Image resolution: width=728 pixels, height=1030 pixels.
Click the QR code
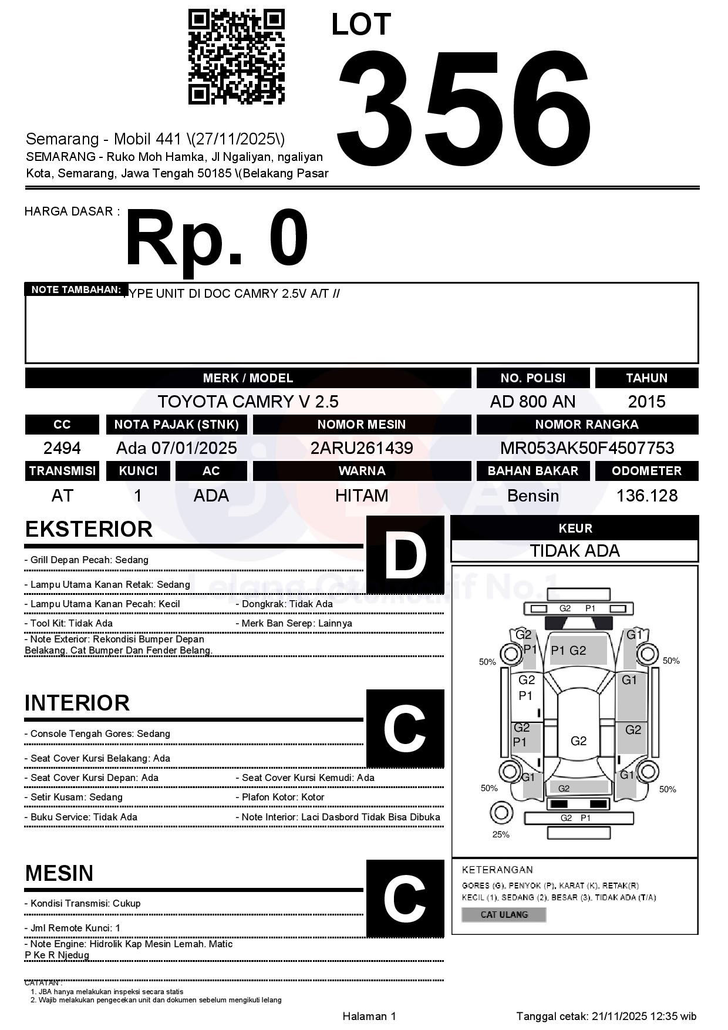[236, 56]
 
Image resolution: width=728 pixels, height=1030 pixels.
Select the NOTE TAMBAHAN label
[76, 290]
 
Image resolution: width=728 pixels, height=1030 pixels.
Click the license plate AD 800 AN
[532, 402]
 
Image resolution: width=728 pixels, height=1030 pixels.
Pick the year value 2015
[646, 402]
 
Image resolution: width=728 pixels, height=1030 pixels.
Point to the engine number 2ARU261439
[362, 448]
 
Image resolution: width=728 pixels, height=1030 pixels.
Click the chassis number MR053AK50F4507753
[587, 448]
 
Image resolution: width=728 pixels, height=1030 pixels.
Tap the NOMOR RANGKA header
[587, 425]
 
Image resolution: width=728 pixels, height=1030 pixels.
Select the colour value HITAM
[362, 496]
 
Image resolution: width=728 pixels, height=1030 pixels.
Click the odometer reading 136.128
[646, 496]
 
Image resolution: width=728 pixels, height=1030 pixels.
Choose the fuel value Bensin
[532, 496]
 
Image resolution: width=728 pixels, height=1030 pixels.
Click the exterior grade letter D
[405, 554]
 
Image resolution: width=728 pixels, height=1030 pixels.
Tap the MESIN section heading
[59, 873]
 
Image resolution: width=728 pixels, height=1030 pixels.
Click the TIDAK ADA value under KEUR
[575, 551]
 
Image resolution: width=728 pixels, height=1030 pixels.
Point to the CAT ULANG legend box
[504, 914]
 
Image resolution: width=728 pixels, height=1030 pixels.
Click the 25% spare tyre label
[501, 834]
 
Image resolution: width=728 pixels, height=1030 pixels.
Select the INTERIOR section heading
[77, 703]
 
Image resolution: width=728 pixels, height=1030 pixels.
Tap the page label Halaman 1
[369, 1016]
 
